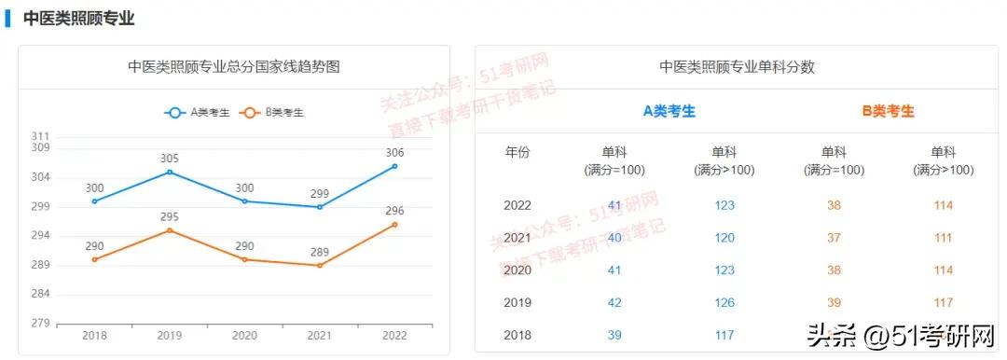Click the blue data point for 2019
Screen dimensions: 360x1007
tap(169, 172)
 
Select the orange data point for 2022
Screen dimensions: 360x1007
tap(394, 224)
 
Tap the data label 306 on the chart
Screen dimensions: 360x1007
tap(394, 153)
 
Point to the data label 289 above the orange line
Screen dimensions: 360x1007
tap(319, 252)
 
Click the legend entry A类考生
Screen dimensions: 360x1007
tap(200, 113)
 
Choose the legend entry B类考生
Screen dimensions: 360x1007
tap(275, 113)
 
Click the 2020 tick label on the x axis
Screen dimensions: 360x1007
tap(244, 336)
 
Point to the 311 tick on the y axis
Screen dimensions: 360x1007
tap(40, 137)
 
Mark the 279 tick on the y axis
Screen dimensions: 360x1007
tap(40, 323)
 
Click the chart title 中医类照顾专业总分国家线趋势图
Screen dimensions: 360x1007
tap(233, 67)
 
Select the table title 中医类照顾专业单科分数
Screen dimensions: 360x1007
tap(737, 67)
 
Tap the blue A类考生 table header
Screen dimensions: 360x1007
tap(669, 111)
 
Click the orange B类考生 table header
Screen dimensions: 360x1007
tap(888, 111)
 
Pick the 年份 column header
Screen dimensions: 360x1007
tap(517, 152)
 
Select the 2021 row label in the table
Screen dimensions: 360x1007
tap(517, 238)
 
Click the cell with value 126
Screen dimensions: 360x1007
tap(724, 302)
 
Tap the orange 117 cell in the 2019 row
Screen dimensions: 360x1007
tap(943, 302)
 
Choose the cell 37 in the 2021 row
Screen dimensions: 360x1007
tap(834, 238)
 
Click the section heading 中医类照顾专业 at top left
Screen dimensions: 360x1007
tap(78, 19)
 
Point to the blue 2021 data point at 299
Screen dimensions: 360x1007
tap(319, 207)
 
